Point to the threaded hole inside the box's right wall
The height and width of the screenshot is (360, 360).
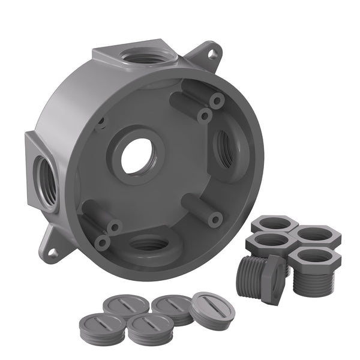point(226,146)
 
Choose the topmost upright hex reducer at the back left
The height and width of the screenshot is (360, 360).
point(275,224)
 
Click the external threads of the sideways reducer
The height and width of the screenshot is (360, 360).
point(250,277)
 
